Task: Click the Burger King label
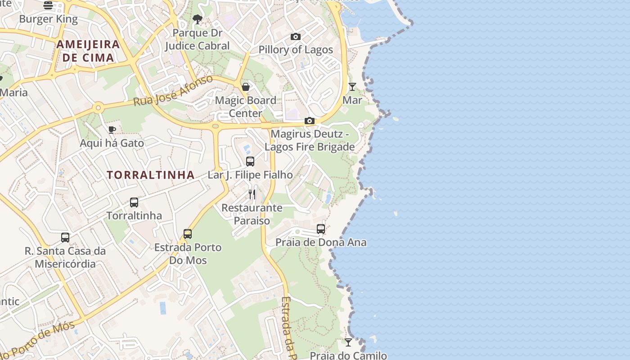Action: point(49,19)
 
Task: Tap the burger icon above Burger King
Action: point(48,5)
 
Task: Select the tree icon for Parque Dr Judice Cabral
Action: point(197,19)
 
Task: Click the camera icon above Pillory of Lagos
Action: point(296,36)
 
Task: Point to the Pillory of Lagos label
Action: point(296,49)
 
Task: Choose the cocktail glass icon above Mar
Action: point(352,86)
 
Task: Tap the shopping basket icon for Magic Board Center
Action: point(246,86)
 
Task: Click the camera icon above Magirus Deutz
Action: point(309,121)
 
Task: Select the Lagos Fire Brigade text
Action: point(310,147)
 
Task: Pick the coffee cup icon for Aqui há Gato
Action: point(112,130)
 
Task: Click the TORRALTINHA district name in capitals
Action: point(151,175)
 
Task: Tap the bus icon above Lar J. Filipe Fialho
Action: point(250,161)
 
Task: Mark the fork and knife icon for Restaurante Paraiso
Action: point(252,194)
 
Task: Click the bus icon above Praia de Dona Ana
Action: point(321,229)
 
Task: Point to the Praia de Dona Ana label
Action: point(321,243)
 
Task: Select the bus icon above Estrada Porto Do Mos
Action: point(188,234)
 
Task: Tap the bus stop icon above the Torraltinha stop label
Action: point(134,202)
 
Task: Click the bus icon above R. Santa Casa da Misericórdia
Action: point(65,237)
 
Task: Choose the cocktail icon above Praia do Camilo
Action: point(348,342)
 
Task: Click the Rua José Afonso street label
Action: point(173,91)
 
